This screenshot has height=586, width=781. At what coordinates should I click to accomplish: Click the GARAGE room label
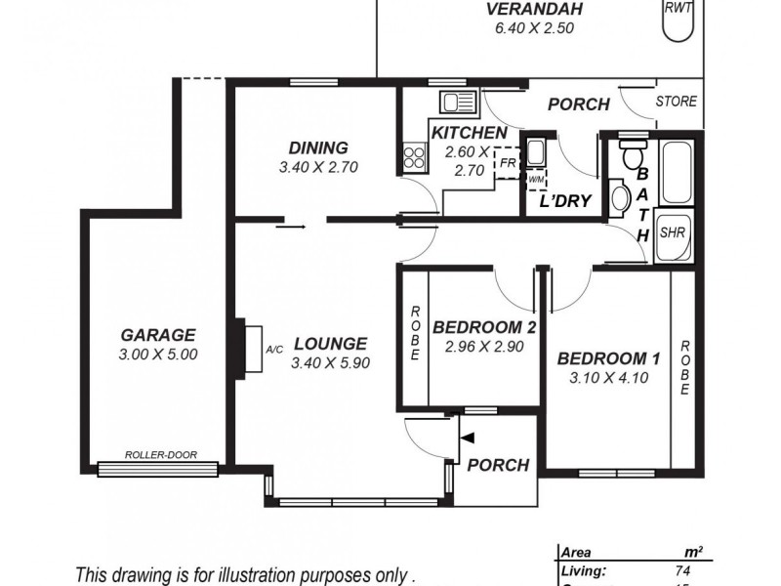coord(158,334)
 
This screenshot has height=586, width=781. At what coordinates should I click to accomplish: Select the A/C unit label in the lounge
coord(273,349)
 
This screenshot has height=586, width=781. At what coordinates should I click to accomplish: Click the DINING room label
coord(318,147)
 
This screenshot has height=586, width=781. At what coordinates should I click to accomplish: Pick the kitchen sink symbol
coord(457,102)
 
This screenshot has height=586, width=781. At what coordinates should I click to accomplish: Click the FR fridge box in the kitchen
coord(507,162)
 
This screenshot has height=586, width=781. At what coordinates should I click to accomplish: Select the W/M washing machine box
coord(536,180)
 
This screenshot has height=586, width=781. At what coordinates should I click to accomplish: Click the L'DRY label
coord(566,202)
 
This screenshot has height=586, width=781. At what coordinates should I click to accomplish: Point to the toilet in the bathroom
coord(633,156)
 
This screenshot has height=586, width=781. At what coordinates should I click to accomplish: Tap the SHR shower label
coord(672,233)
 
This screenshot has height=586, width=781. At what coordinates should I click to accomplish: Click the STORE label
coord(676,101)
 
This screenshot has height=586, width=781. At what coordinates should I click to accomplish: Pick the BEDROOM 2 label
coord(484,327)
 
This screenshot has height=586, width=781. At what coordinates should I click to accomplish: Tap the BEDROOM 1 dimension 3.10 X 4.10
coord(608,378)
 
